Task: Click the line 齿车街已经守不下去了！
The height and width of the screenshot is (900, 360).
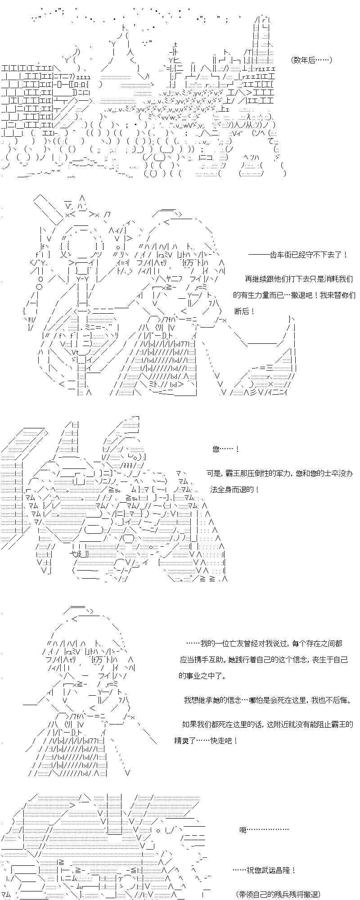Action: tap(298, 254)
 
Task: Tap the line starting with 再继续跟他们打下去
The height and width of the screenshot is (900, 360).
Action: tap(298, 279)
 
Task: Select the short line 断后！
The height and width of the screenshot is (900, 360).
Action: tap(245, 311)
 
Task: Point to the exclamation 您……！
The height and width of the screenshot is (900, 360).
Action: tap(225, 449)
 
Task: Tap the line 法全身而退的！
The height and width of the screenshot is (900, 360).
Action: tap(234, 489)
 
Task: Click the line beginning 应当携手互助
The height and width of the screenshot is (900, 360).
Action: tap(264, 660)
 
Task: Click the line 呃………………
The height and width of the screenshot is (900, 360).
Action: tap(264, 829)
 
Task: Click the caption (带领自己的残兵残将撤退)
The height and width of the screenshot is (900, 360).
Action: tap(278, 894)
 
